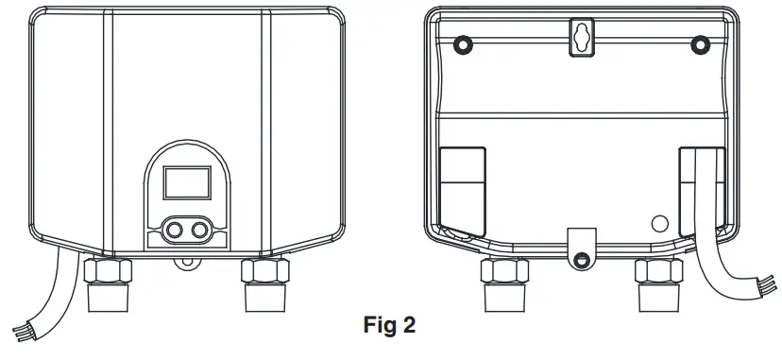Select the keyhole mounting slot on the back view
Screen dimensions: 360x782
pos(579,37)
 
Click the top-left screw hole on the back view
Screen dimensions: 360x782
pos(462,44)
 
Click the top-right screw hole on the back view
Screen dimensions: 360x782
pos(700,44)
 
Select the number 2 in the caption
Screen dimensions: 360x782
pos(409,328)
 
